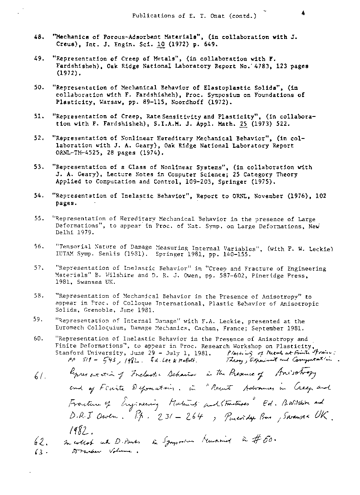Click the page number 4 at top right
pyautogui.click(x=303, y=13)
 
